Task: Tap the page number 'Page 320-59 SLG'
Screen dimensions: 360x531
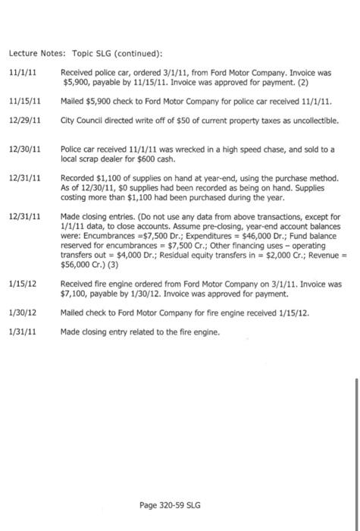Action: [171, 504]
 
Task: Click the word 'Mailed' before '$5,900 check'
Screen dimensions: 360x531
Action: [74, 101]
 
